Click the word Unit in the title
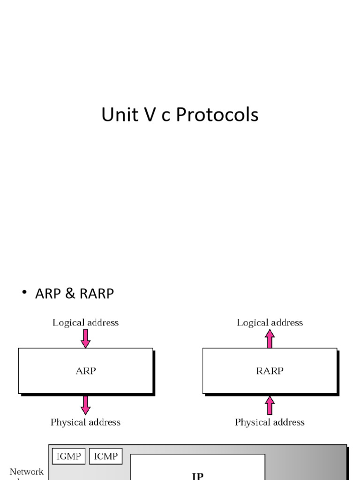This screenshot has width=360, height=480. coord(118,115)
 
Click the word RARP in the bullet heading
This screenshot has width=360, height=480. coord(97,294)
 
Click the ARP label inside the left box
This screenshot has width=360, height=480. coord(85,371)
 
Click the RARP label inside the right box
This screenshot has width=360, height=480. coord(270,371)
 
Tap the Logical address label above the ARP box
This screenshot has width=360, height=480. coord(85,322)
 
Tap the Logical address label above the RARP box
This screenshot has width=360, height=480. coord(270,322)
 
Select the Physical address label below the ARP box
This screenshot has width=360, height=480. coord(85,422)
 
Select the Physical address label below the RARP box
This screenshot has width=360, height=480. coord(270,422)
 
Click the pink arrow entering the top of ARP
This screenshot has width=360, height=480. coord(85,338)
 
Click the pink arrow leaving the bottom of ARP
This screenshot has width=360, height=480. coord(85,405)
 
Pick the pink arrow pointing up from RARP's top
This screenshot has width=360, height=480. coord(270,338)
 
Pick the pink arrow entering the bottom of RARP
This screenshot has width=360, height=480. coord(270,405)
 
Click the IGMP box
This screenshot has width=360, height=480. coord(69,456)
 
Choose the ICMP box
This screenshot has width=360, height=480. coord(106,456)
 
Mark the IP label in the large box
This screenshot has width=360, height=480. coord(197,475)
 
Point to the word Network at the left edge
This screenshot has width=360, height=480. coord(27,472)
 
